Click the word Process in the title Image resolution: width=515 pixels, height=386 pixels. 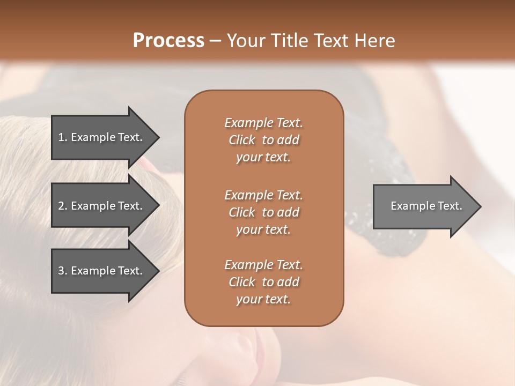pos(168,41)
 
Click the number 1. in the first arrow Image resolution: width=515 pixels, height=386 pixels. pos(63,137)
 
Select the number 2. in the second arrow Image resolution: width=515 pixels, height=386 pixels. pos(63,206)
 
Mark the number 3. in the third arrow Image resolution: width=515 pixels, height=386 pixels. pos(63,271)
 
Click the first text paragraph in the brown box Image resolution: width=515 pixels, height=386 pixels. pos(263,140)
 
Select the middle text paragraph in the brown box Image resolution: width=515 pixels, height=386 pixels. pos(263,212)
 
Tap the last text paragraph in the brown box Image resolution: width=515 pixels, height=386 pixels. pos(263,282)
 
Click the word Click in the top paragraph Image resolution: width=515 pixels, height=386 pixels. pos(242,140)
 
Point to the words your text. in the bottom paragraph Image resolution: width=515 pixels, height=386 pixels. pos(263,300)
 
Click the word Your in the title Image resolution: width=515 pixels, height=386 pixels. pos(246,41)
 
